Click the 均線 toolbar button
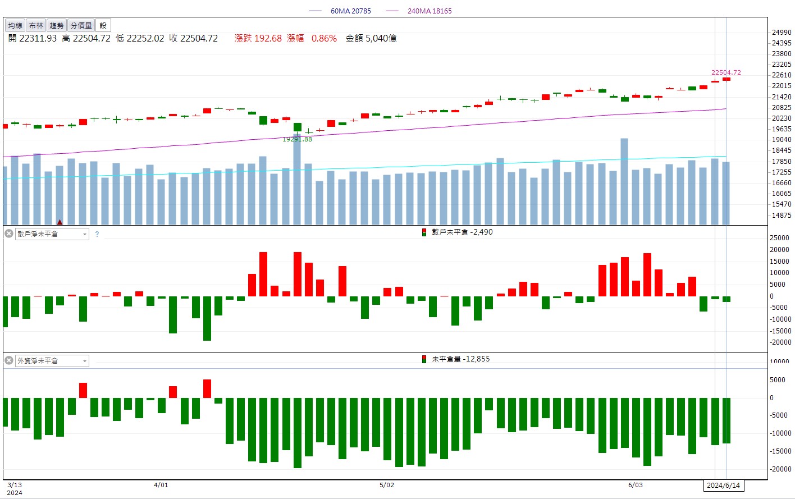pos(15,26)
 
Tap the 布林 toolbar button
pos(36,26)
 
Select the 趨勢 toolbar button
pos(57,26)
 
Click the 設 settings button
pos(103,26)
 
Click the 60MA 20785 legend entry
pos(350,11)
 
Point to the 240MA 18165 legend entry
pos(429,11)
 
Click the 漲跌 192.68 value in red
pos(258,38)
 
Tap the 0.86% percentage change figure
pos(324,38)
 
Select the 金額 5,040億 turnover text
pos(371,38)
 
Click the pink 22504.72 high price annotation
pos(726,72)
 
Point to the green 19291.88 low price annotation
pos(297,139)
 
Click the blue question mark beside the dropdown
pos(97,234)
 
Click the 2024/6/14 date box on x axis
pos(723,486)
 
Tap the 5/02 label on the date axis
pos(387,485)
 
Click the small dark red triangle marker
pos(60,222)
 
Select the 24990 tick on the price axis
pos(782,33)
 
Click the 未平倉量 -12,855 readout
pos(460,359)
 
